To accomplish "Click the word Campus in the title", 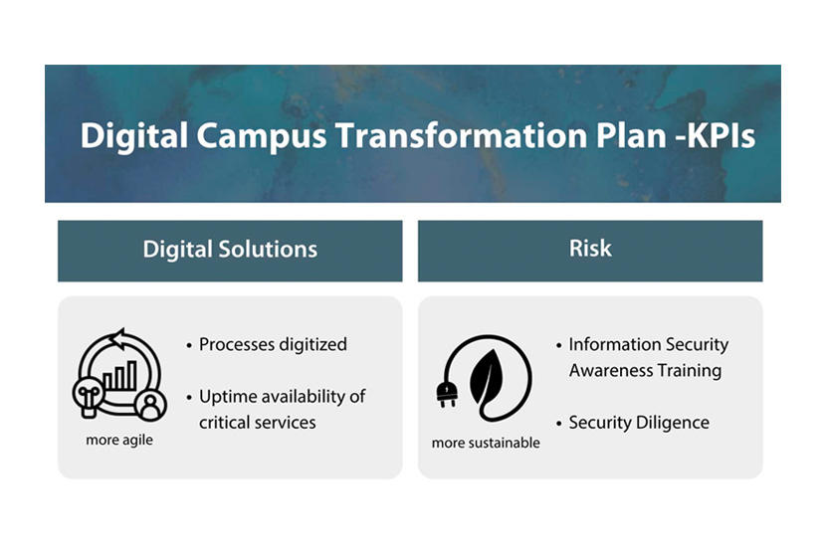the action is point(262,137).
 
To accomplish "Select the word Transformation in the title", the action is point(461,135).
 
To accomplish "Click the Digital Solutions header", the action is point(230,251).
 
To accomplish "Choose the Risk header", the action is point(590,251).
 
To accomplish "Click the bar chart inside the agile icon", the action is point(119,375).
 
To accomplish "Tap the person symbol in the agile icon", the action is point(150,406).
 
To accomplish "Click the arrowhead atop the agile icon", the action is point(118,339).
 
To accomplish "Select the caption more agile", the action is point(119,440).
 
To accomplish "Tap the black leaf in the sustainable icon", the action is point(487,377).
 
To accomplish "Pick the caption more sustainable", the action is point(486,444).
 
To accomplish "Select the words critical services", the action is point(257,423).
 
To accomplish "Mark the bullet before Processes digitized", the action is point(189,346).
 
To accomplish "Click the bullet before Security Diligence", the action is point(559,424).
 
